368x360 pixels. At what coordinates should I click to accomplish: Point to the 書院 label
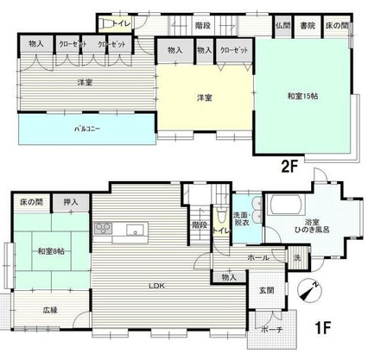tap(308, 26)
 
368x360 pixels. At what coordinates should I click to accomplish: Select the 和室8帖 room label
tap(50, 252)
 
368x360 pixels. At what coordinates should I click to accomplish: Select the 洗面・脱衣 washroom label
tap(242, 218)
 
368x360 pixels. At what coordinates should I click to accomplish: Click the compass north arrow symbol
tap(308, 292)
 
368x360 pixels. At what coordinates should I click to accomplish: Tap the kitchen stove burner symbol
tap(102, 229)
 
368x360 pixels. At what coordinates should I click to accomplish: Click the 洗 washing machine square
tap(296, 259)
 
